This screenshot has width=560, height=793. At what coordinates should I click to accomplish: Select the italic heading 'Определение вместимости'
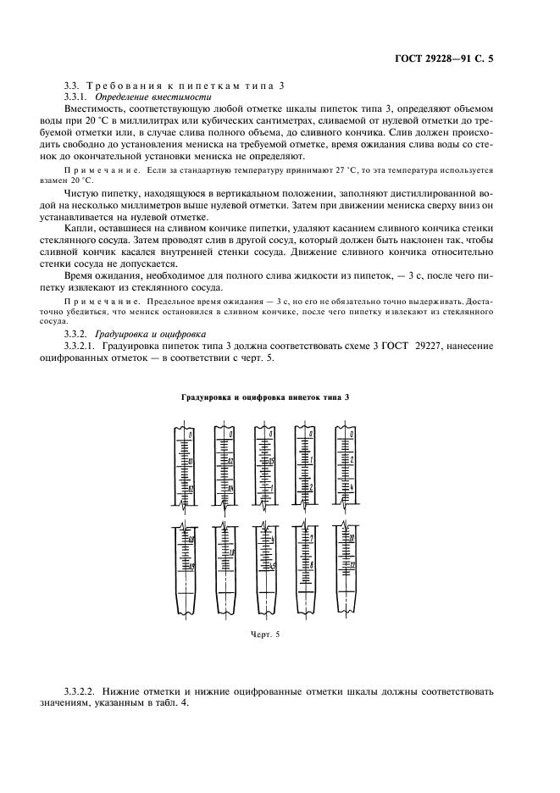pyautogui.click(x=152, y=98)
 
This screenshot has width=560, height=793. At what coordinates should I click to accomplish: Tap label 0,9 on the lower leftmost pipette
pyautogui.click(x=191, y=566)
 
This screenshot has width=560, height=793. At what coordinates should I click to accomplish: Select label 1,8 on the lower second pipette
pyautogui.click(x=231, y=552)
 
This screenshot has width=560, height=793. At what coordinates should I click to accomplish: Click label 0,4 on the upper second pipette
pyautogui.click(x=230, y=491)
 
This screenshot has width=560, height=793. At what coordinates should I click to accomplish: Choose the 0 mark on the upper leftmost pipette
pyautogui.click(x=191, y=434)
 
